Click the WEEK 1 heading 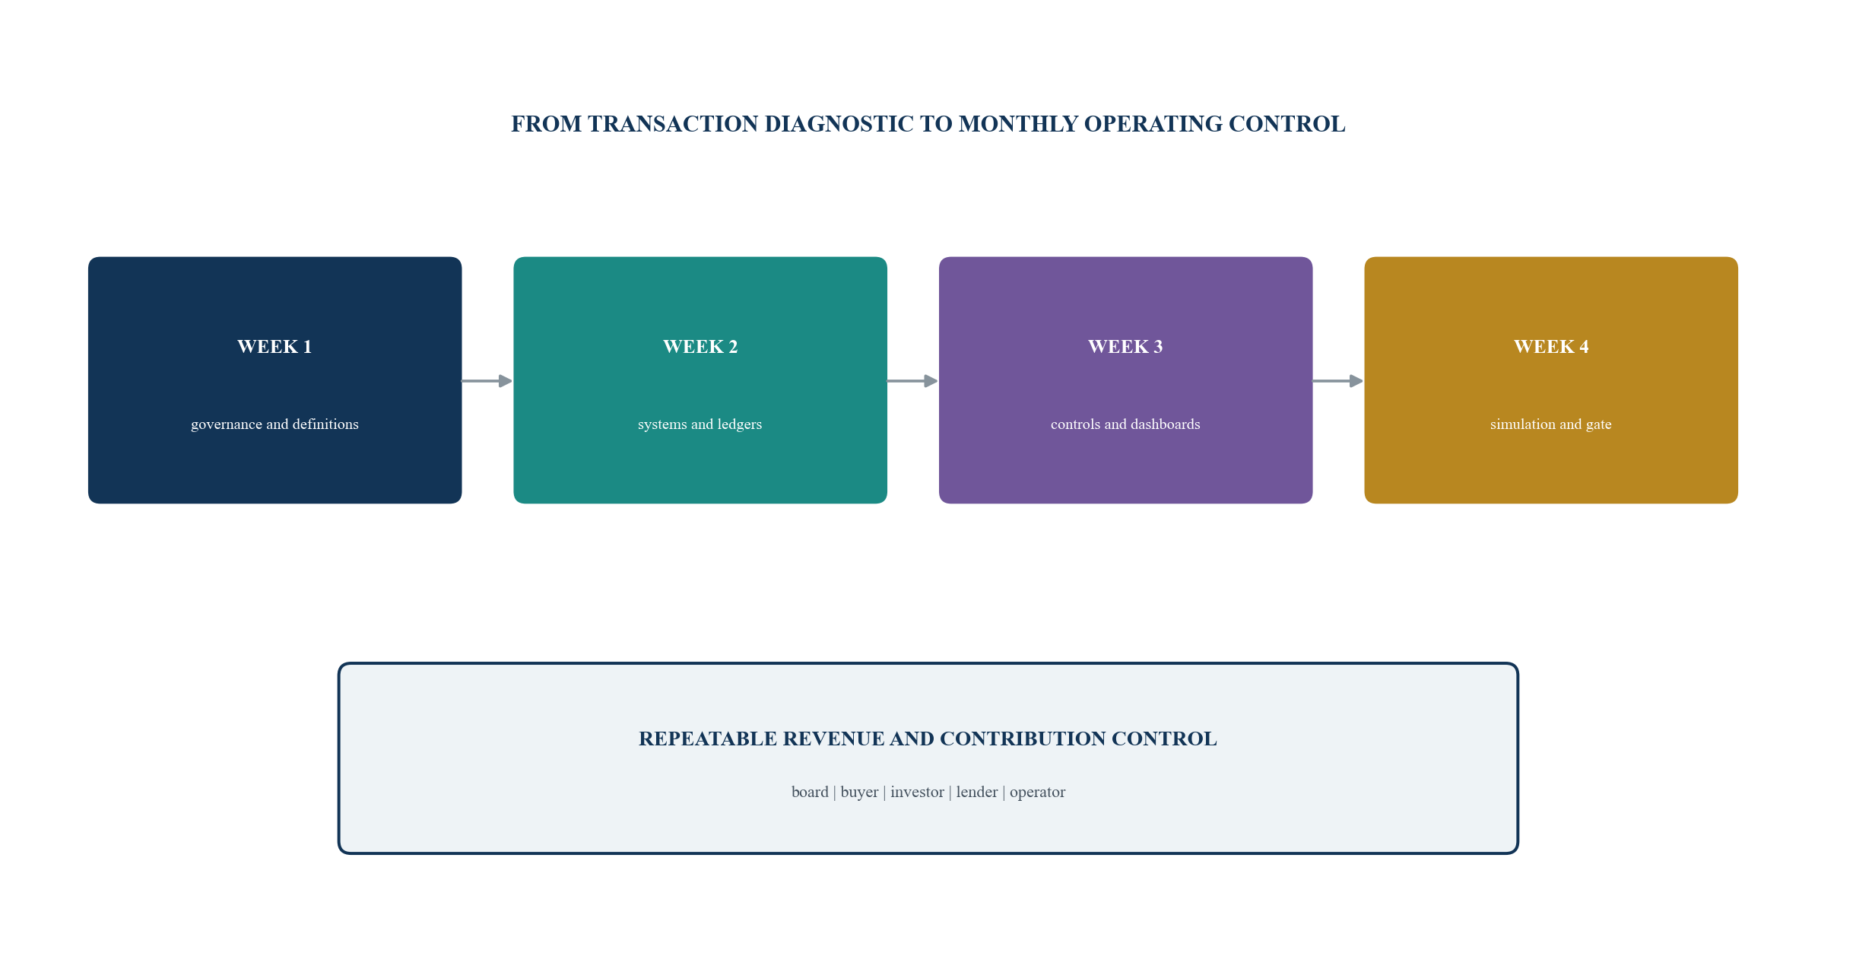point(274,347)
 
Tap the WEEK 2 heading point(700,347)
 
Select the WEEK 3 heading point(1125,347)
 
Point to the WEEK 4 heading point(1551,347)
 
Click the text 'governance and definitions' point(274,424)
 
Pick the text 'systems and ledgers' point(700,424)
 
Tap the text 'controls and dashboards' point(1125,424)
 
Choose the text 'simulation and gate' point(1551,424)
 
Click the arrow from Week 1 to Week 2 point(487,381)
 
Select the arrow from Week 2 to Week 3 point(912,381)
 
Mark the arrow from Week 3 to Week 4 point(1338,381)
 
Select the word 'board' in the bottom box point(810,792)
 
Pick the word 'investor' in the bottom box point(917,792)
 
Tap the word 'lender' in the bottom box point(977,792)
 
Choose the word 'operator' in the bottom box point(1038,793)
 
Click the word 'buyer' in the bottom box point(859,793)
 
